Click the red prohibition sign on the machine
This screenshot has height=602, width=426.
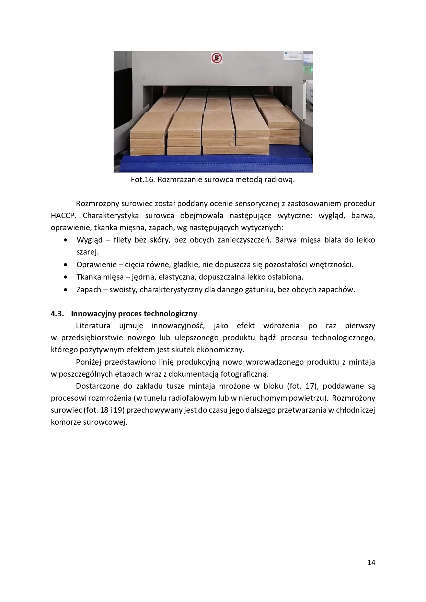[x=216, y=57]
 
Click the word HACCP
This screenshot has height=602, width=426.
[x=62, y=216]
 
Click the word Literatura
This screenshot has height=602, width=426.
[x=93, y=326]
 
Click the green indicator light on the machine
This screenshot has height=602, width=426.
[x=311, y=70]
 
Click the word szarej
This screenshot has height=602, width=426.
[x=87, y=252]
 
